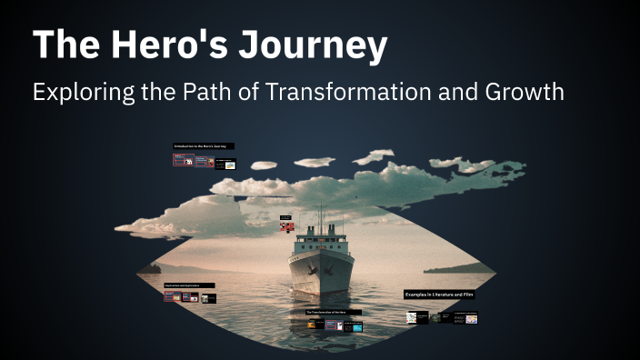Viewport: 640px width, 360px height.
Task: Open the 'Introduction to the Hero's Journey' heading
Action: [x=204, y=145]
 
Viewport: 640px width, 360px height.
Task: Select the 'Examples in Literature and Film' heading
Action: [x=440, y=295]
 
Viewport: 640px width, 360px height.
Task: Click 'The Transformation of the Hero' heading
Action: [x=333, y=312]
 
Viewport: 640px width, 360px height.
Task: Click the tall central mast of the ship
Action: [x=320, y=218]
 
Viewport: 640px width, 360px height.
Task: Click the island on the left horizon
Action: [x=151, y=268]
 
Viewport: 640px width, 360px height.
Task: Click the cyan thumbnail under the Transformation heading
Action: [x=356, y=325]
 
